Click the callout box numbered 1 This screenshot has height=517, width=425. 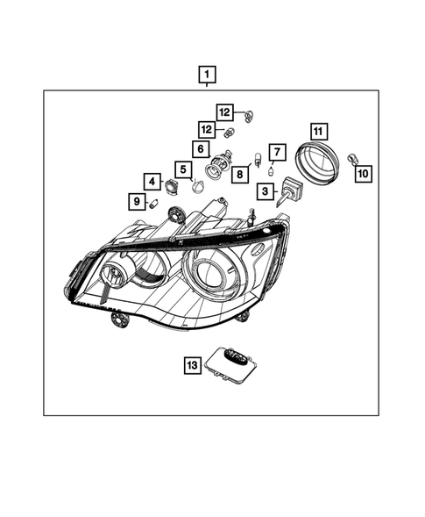(207, 75)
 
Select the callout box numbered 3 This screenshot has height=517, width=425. (266, 190)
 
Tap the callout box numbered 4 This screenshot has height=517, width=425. (152, 182)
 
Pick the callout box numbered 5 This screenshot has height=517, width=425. (183, 169)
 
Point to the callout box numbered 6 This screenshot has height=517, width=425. (201, 149)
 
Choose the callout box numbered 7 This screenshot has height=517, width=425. (277, 152)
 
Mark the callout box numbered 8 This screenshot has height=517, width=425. (240, 174)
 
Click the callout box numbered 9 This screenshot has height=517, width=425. (137, 201)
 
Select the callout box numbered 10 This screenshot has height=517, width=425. (363, 174)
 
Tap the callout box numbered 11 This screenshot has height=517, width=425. (318, 132)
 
